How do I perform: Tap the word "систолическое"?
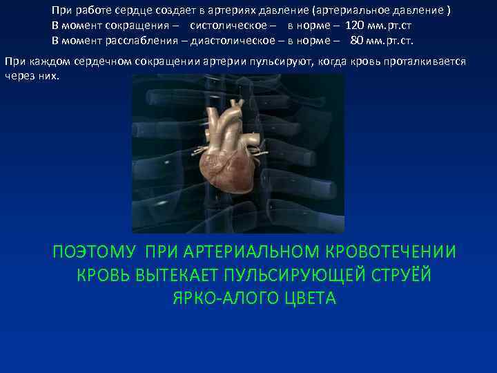(226, 26)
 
